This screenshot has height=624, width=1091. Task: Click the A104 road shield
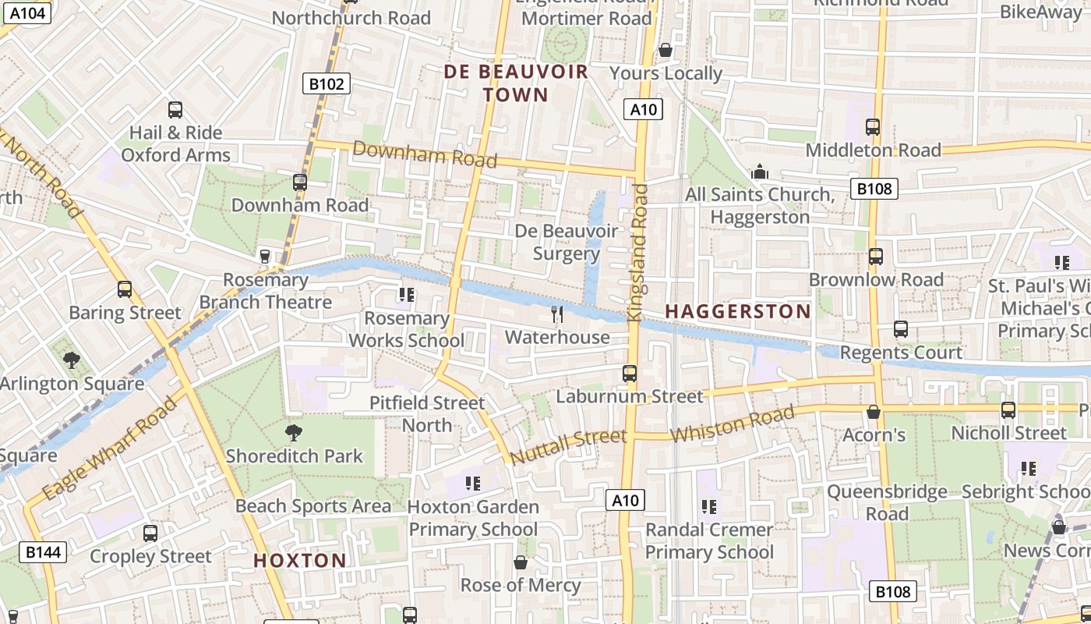(x=28, y=12)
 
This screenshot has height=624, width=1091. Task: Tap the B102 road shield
(x=326, y=83)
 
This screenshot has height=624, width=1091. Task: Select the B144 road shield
(x=42, y=552)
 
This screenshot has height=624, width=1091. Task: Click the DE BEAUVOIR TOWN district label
(x=516, y=83)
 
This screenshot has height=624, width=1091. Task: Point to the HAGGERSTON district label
(x=738, y=311)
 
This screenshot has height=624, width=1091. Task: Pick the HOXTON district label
(x=300, y=560)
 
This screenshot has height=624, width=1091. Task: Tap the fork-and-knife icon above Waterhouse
(x=557, y=314)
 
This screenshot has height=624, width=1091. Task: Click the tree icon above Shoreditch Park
(x=294, y=433)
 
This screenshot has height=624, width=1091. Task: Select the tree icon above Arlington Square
(x=72, y=360)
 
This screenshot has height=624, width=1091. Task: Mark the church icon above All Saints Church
(x=760, y=172)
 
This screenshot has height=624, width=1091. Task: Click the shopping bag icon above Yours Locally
(x=666, y=51)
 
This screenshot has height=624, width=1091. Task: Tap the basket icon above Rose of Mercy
(x=521, y=562)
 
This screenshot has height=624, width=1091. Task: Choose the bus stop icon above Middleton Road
(x=873, y=127)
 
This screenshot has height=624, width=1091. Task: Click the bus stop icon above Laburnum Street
(x=630, y=374)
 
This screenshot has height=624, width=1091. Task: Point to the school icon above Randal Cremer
(x=709, y=507)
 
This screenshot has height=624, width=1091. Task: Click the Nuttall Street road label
(x=568, y=445)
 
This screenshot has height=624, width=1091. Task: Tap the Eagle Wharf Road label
(x=108, y=449)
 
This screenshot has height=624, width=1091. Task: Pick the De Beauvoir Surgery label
(x=567, y=243)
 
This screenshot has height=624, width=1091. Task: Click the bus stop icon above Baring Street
(x=125, y=290)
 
